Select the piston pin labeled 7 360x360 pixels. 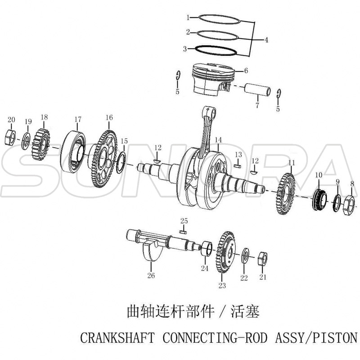pos(257,90)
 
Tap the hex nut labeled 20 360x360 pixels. pos(10,137)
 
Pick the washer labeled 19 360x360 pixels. pos(26,141)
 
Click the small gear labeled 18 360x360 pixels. pos(41,144)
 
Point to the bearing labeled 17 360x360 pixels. pos(73,152)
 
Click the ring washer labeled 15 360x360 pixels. pos(121,163)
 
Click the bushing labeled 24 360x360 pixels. pos(207,248)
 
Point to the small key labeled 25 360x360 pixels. pos(183,232)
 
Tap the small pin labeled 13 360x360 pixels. pos(238,166)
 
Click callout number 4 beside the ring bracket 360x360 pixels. pos(266,40)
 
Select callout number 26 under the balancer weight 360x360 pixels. pos(151,275)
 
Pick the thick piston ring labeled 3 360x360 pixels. pos(216,50)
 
